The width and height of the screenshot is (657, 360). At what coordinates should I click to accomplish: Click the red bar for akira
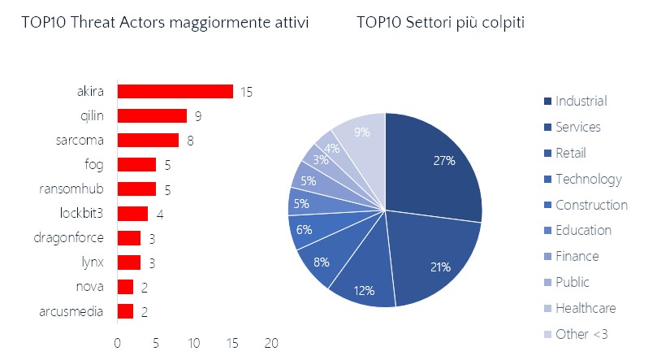[x=175, y=92]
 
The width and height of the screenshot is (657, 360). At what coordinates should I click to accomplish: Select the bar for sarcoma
[x=148, y=141]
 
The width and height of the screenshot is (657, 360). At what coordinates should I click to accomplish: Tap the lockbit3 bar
[x=132, y=214]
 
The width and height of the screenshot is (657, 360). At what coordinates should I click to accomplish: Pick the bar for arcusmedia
[x=125, y=311]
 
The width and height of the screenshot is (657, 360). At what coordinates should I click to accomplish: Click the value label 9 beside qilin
[x=197, y=116]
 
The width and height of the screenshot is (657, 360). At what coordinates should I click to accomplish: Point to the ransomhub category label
[x=71, y=189]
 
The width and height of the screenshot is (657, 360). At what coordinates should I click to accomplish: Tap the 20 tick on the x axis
[x=270, y=343]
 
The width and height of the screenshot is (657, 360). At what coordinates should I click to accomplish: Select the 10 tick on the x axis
[x=193, y=343]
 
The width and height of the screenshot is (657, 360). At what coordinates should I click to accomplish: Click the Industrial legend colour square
[x=547, y=102]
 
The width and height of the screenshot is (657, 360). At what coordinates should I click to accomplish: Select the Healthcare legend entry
[x=586, y=309]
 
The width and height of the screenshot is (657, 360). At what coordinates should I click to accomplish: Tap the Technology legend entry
[x=588, y=179]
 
